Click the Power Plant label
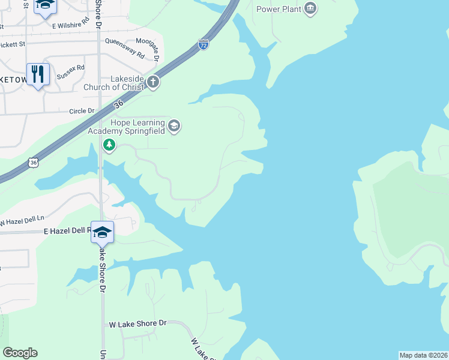[279, 9]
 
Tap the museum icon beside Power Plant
[310, 8]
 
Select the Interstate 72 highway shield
[203, 45]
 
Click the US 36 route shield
[33, 163]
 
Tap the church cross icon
[153, 82]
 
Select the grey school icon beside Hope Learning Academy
[174, 126]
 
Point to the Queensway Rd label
[125, 49]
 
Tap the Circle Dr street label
[82, 111]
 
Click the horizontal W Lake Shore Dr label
[137, 324]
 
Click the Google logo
[20, 353]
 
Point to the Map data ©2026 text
[423, 355]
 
